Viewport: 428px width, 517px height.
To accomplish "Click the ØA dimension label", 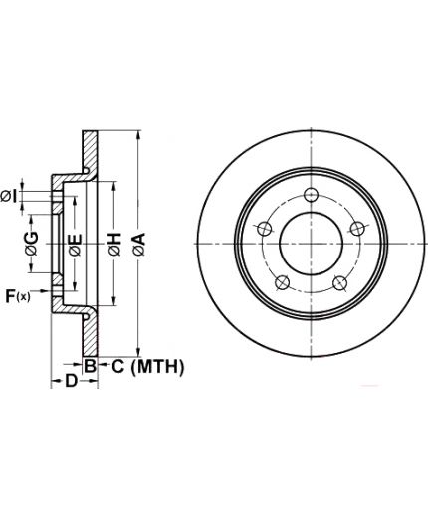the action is click(139, 244).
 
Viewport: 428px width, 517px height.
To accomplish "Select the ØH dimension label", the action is click(114, 245).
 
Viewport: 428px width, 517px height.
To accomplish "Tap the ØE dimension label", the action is click(75, 245).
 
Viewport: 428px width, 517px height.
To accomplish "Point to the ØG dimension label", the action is click(32, 244).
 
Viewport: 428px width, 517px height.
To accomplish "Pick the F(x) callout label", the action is click(18, 296).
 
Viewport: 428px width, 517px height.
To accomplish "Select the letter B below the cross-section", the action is click(90, 367).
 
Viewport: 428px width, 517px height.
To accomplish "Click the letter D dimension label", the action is click(71, 381).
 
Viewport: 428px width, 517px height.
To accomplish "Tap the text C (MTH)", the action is click(147, 367).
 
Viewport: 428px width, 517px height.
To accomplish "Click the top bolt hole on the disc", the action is click(311, 194).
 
